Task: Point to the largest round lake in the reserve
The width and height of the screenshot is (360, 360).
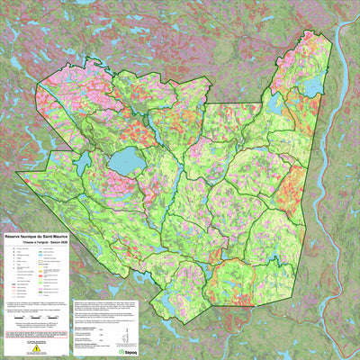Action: tap(125, 162)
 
